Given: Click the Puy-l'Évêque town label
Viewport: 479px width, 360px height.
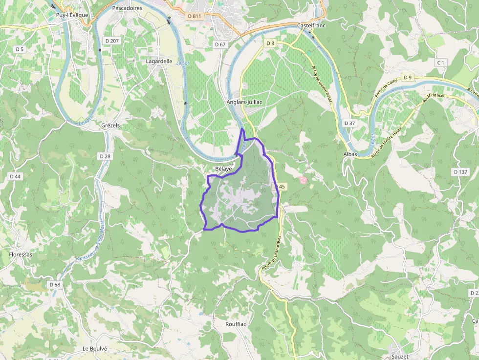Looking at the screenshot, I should (72, 15).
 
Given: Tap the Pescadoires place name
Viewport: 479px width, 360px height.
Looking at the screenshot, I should (127, 8).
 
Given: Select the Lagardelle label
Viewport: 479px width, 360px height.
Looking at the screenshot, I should (159, 62).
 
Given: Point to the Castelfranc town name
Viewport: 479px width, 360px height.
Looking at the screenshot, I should (311, 25).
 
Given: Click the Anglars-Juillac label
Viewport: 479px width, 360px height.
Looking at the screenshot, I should (244, 102).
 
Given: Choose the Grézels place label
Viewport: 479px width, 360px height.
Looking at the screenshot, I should (110, 126).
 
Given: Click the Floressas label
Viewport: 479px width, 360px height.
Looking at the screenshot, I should (21, 254).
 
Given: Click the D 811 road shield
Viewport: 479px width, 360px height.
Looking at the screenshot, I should (195, 16).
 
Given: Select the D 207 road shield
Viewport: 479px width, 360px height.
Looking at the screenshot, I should (112, 41).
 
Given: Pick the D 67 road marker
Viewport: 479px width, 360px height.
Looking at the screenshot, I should (220, 44).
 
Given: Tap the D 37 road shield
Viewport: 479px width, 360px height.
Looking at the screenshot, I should (349, 123).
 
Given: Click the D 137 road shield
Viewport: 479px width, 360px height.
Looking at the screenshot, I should (460, 172).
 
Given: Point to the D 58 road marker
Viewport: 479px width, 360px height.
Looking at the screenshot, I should (55, 284).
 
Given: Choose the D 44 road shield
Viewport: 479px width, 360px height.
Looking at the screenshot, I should (15, 176).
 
